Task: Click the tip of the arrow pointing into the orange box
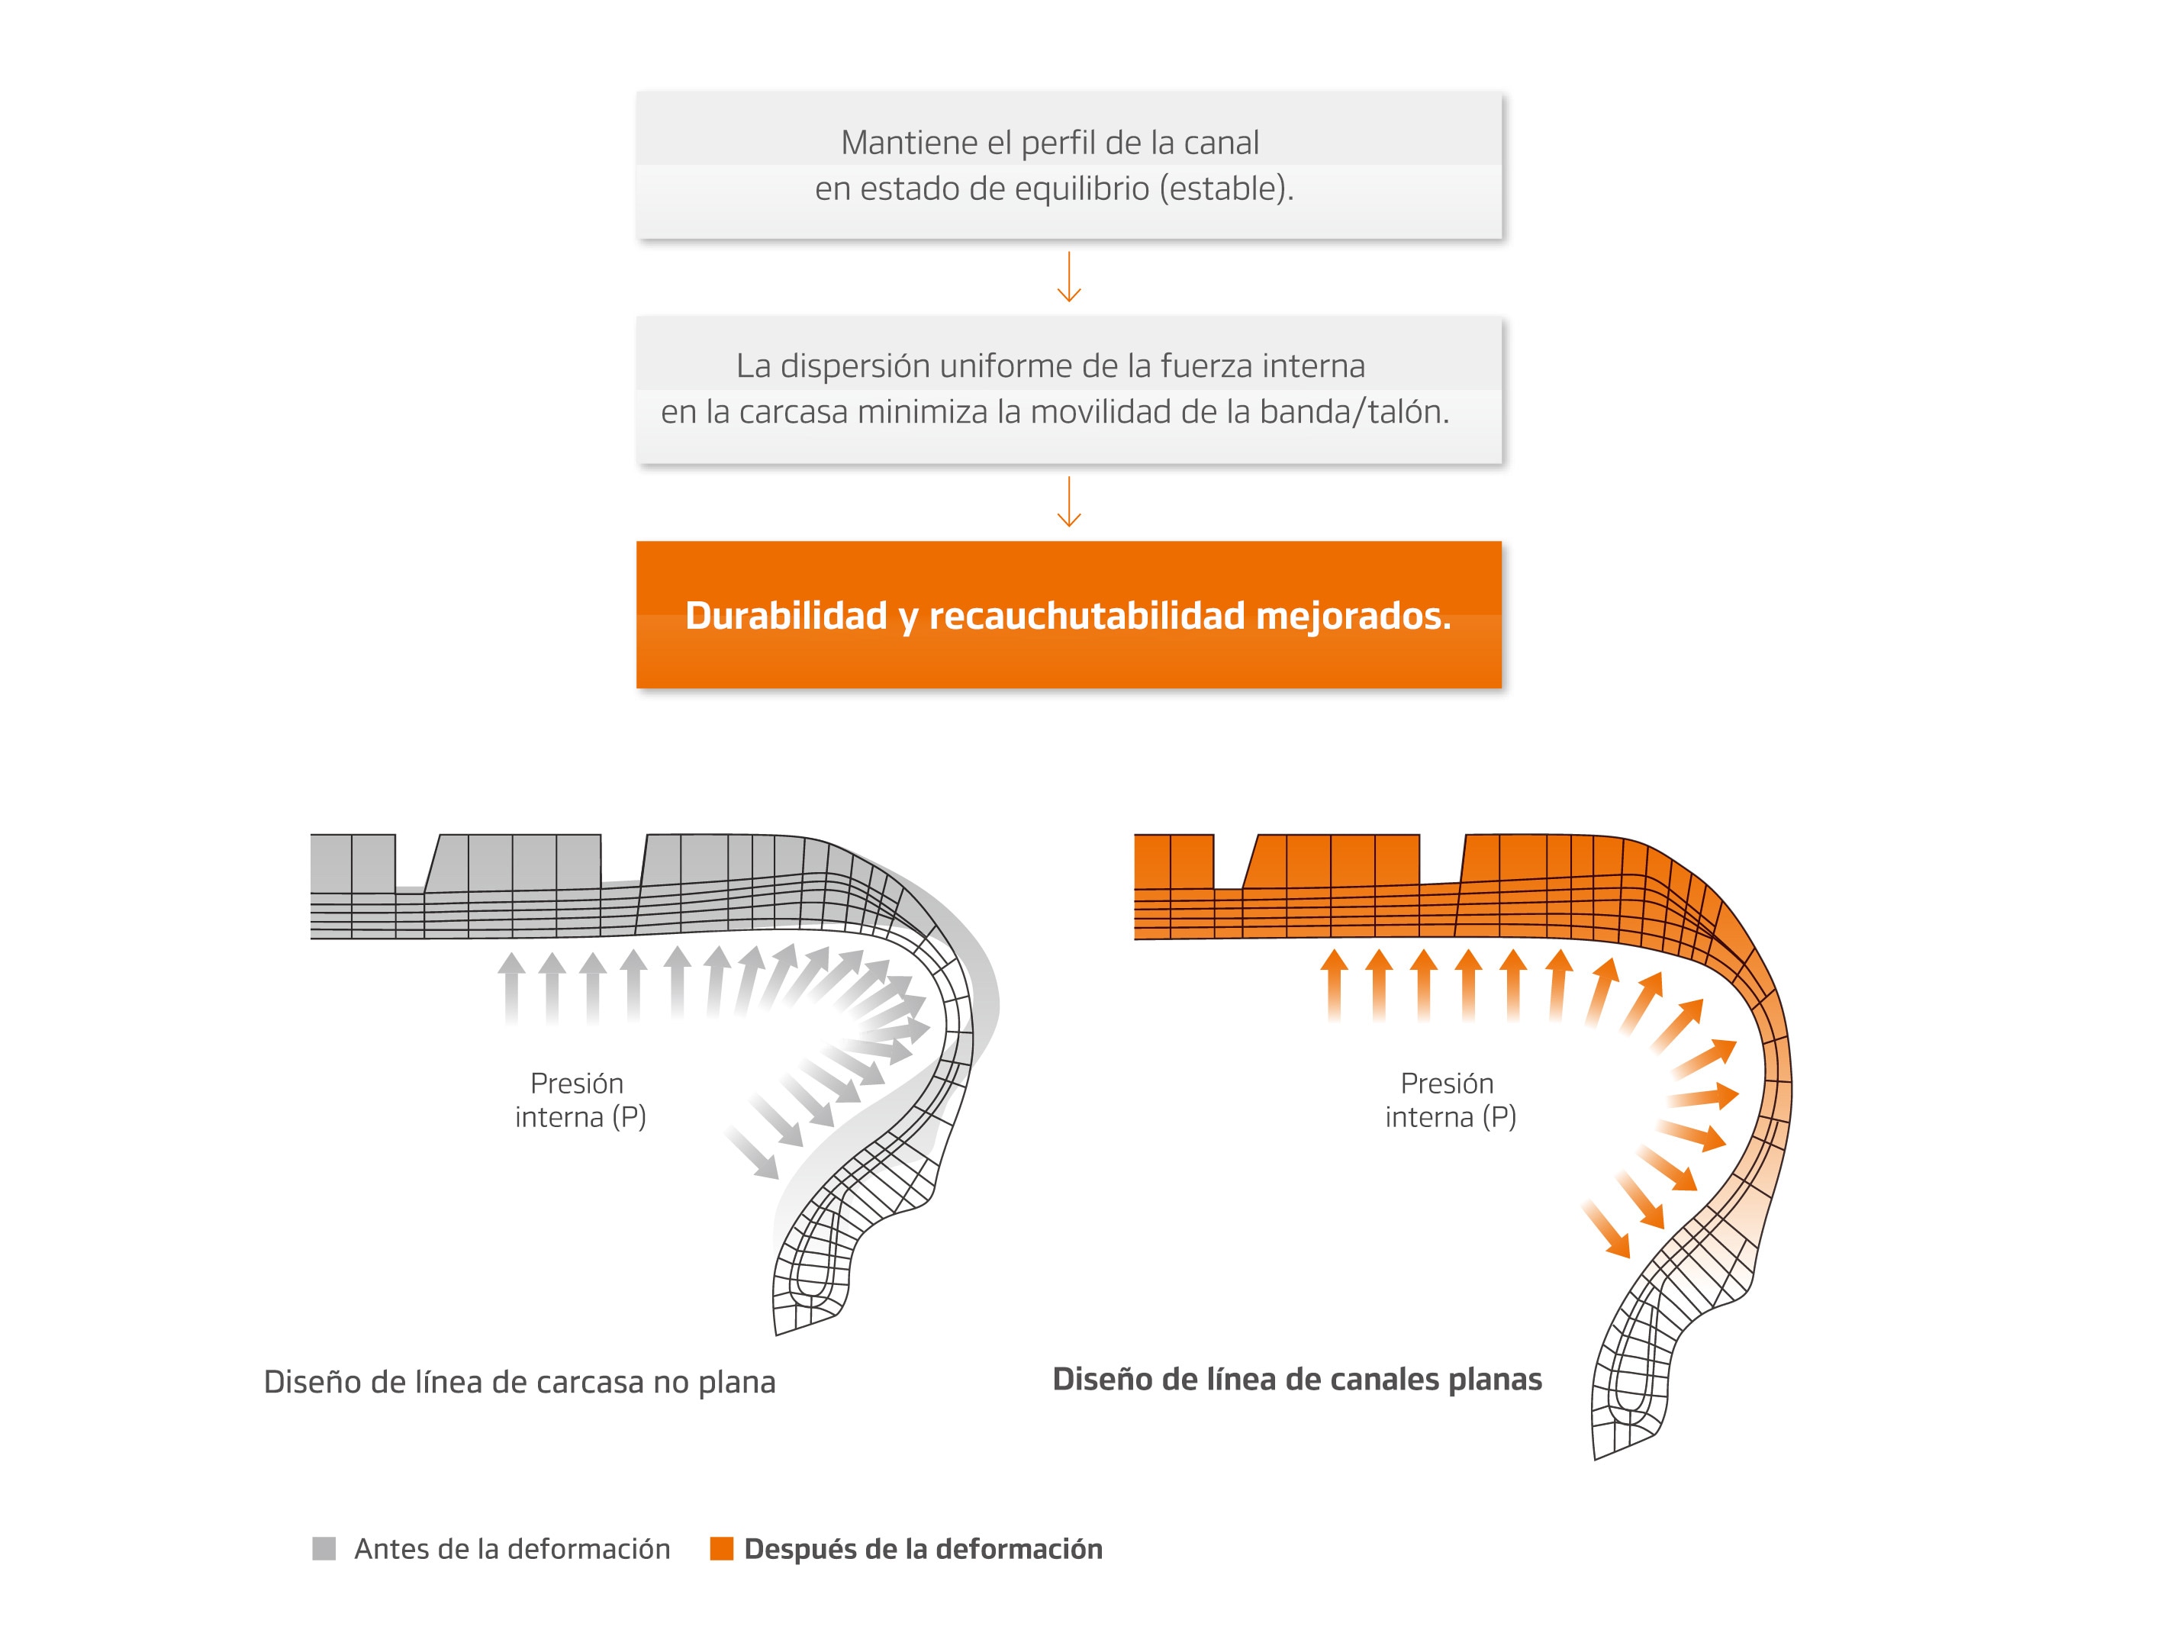[1069, 527]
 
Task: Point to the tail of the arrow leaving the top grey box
[1069, 252]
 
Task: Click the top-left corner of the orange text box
[637, 542]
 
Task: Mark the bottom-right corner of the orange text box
[1502, 688]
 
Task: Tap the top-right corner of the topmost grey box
[1502, 93]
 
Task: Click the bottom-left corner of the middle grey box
[637, 463]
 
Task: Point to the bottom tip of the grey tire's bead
[777, 1334]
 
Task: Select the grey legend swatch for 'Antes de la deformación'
[324, 1548]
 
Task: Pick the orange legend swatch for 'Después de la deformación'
[721, 1548]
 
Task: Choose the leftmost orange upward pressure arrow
[1335, 986]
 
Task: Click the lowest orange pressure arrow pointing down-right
[1606, 1229]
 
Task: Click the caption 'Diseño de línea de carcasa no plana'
[520, 1383]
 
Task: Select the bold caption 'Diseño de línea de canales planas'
[1297, 1379]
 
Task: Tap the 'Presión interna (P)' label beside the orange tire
[1451, 1100]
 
